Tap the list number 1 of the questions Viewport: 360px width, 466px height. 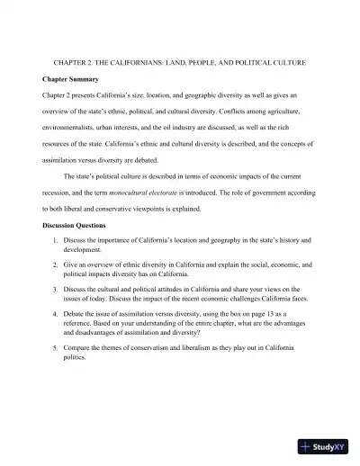click(55, 241)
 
